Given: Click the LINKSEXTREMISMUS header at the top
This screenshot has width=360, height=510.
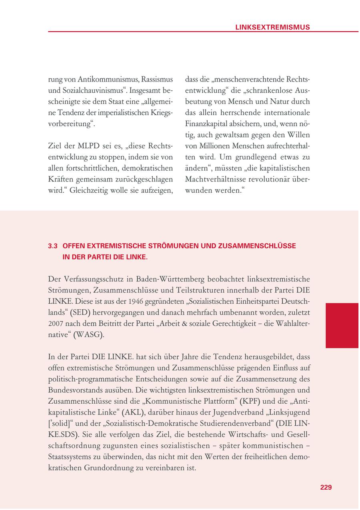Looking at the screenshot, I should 272,27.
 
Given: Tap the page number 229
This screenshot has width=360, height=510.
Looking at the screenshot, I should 326,487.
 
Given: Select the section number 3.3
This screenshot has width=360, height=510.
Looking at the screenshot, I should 53,246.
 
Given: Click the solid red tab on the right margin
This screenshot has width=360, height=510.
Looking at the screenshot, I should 342,325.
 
